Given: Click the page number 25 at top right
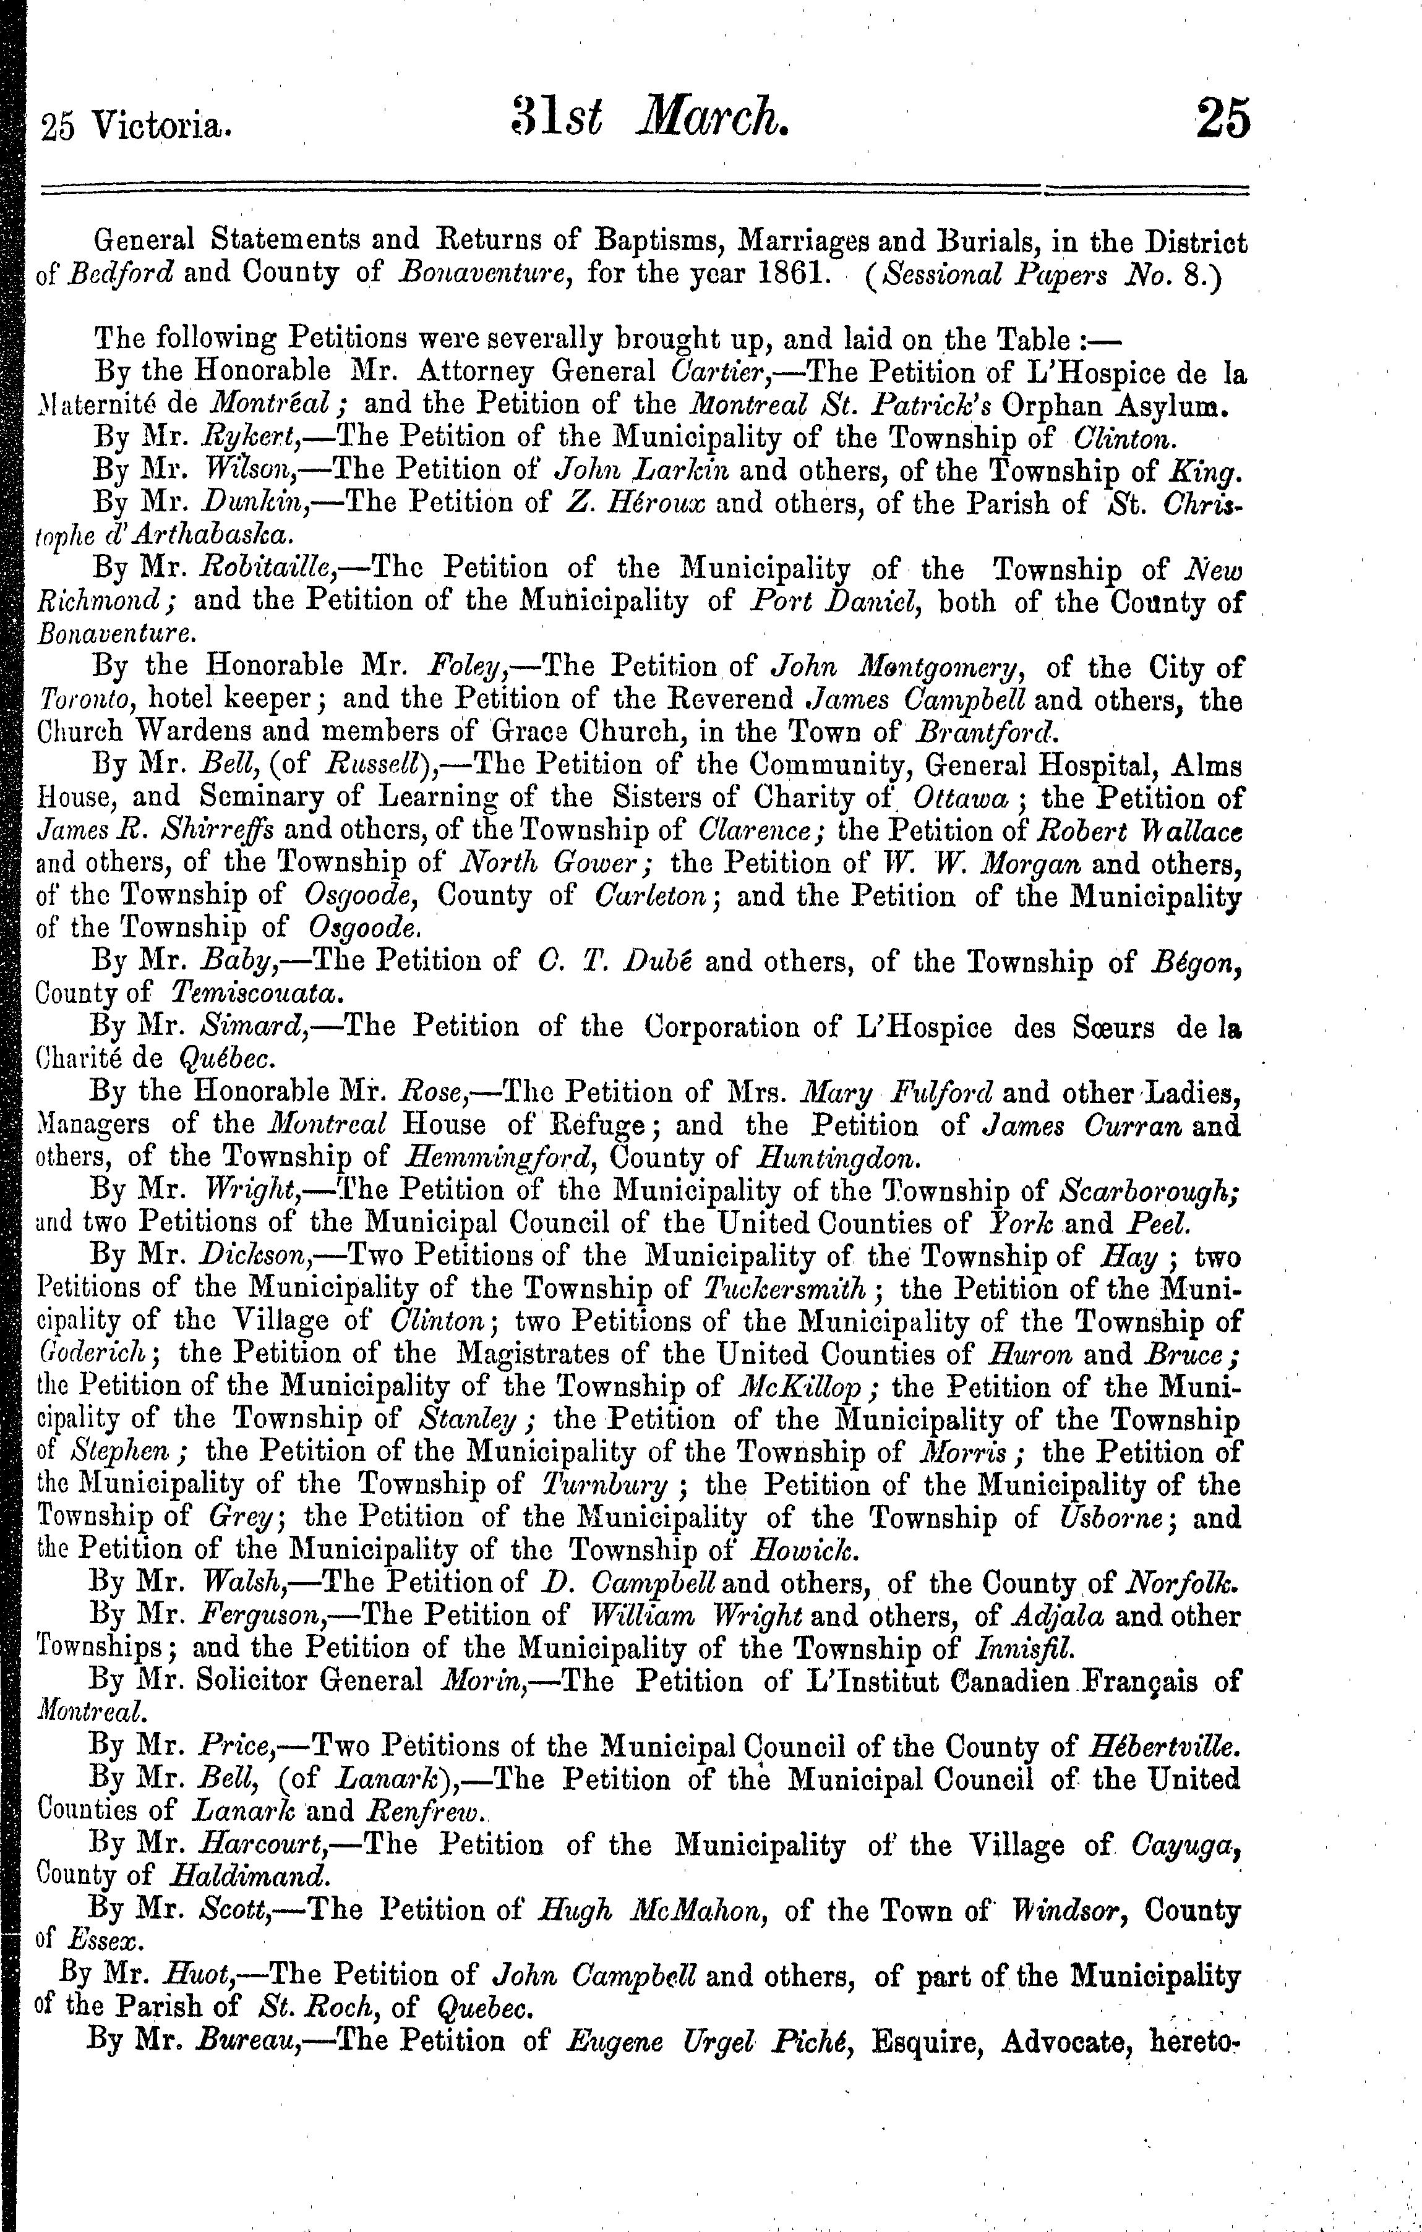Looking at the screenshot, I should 1222,119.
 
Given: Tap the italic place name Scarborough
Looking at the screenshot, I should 1149,1190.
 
